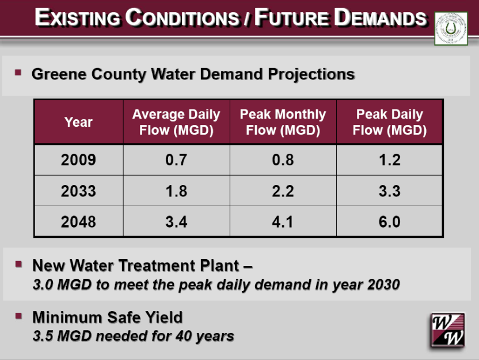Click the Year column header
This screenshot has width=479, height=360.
[78, 122]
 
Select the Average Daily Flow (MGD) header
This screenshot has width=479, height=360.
[176, 122]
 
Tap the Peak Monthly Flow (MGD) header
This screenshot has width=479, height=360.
[283, 122]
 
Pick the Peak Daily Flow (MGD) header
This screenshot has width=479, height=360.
[389, 122]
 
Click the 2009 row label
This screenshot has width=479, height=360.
[78, 160]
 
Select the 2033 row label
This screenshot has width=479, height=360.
[78, 191]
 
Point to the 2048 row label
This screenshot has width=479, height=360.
[78, 222]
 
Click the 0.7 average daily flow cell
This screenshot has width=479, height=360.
[176, 160]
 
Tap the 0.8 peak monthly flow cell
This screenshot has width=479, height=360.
[283, 160]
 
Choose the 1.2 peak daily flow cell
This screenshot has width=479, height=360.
[389, 160]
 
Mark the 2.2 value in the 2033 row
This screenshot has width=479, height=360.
[283, 191]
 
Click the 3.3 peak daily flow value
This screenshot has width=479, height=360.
[389, 191]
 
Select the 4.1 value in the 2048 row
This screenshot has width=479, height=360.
[283, 222]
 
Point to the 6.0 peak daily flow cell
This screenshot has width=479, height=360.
[389, 222]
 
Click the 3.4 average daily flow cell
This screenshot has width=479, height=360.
[176, 222]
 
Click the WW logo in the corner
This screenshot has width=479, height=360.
[446, 330]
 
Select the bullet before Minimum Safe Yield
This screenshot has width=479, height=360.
[18, 316]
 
